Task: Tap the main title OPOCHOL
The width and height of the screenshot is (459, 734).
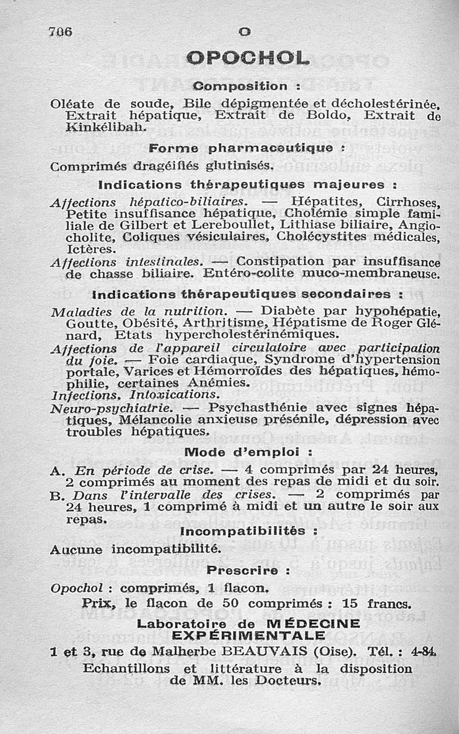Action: (248, 58)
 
